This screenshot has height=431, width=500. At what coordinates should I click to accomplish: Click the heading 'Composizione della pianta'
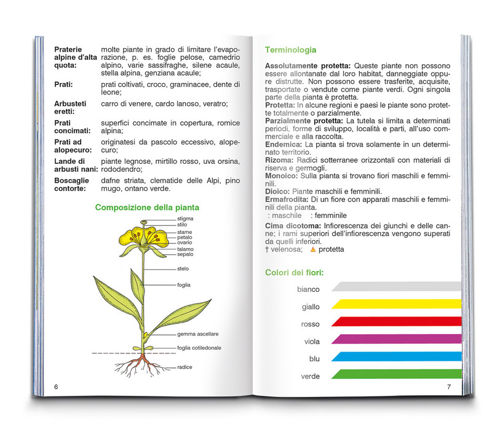pyautogui.click(x=147, y=207)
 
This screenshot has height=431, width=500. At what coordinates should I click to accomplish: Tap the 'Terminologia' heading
pyautogui.click(x=291, y=50)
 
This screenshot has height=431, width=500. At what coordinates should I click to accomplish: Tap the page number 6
pyautogui.click(x=56, y=387)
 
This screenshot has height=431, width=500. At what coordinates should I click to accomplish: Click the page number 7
pyautogui.click(x=449, y=387)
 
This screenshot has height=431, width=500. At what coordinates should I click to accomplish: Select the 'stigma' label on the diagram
pyautogui.click(x=185, y=219)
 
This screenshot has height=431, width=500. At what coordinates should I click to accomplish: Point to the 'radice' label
pyautogui.click(x=185, y=367)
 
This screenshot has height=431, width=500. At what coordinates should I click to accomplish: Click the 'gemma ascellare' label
pyautogui.click(x=197, y=334)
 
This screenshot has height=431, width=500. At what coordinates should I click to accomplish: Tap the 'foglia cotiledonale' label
pyautogui.click(x=199, y=348)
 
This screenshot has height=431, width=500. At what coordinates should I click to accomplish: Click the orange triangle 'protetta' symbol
pyautogui.click(x=312, y=250)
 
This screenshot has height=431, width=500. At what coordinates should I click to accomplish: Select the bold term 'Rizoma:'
pyautogui.click(x=281, y=161)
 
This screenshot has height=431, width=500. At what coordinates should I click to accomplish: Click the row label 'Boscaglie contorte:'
pyautogui.click(x=71, y=184)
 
